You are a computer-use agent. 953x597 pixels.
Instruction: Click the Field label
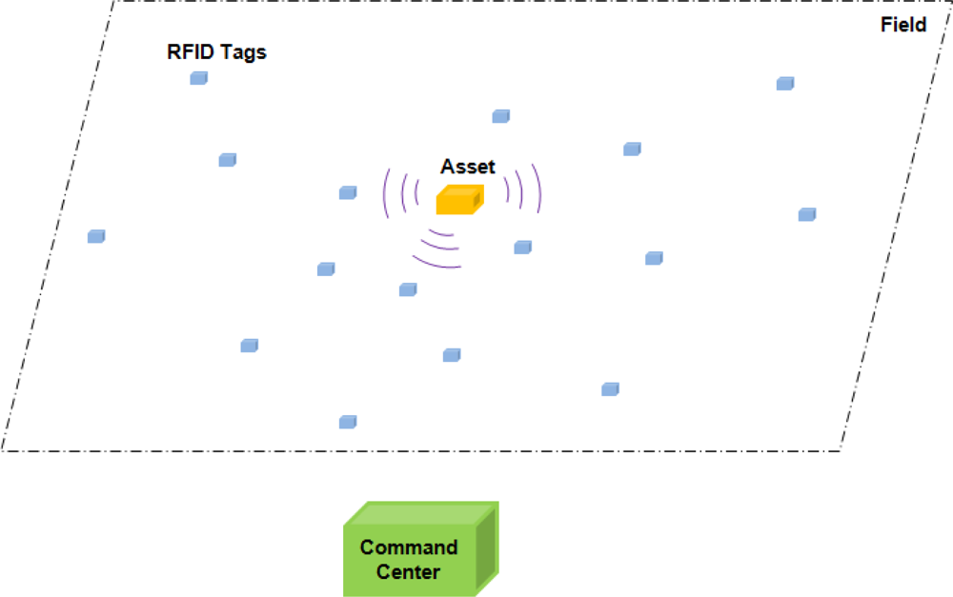903,25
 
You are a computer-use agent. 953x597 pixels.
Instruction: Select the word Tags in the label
244,51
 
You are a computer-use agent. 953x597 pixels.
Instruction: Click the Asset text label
468,167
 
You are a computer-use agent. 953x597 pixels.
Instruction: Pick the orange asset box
459,200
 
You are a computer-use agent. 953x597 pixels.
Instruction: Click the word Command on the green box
409,547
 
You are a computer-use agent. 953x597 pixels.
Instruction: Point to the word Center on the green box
408,572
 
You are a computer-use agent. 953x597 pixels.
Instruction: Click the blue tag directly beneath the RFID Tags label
198,78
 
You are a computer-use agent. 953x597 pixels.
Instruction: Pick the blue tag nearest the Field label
784,84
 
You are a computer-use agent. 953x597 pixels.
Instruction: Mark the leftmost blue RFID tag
95,236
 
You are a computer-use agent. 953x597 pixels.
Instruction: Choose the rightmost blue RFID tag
806,214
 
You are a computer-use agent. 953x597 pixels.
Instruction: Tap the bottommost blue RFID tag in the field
348,422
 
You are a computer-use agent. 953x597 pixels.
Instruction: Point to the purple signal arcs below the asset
439,249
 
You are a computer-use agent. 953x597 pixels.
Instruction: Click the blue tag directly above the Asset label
500,116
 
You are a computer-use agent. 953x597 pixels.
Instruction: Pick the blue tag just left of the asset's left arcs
348,193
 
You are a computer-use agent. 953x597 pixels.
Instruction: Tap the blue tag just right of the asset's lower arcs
522,248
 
